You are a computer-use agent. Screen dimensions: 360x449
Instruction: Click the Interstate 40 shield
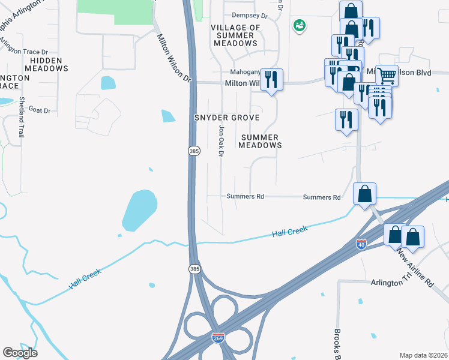pos(361,244)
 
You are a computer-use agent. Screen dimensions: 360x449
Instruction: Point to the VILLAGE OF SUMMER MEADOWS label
pos(235,35)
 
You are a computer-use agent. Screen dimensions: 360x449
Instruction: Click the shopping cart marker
pos(387,76)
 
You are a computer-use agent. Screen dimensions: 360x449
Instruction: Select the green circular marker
pos(299,25)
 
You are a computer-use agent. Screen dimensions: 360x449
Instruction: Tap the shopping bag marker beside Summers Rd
pos(364,194)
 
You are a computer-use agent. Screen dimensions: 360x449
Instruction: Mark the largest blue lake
pos(140,209)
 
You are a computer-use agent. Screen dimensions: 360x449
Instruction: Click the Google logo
pos(20,353)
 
